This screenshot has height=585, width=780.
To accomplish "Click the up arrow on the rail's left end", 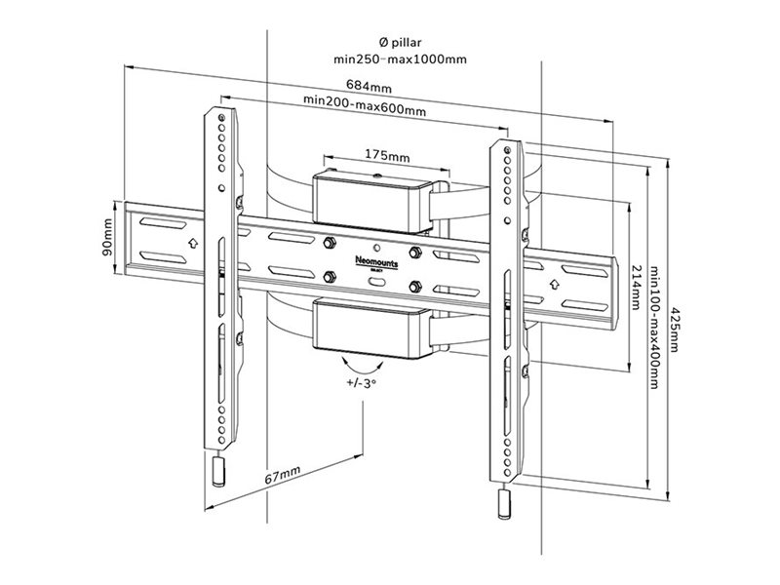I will (192, 241).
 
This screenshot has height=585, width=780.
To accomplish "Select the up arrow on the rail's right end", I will (554, 284).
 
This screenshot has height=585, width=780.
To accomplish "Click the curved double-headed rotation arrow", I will (355, 367).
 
